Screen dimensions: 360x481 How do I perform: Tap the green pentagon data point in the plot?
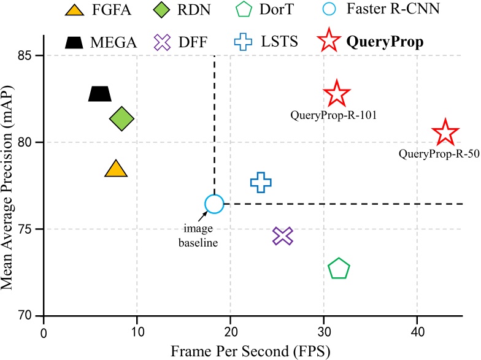tap(339, 269)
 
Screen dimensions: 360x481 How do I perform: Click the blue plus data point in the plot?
tap(261, 182)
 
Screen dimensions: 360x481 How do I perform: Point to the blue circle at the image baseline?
tap(214, 204)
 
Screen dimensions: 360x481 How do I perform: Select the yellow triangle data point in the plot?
tap(116, 169)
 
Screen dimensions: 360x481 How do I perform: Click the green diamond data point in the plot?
tap(121, 118)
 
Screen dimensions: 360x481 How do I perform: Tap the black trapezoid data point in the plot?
tap(100, 93)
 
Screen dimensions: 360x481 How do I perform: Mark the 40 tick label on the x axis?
tap(417, 334)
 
